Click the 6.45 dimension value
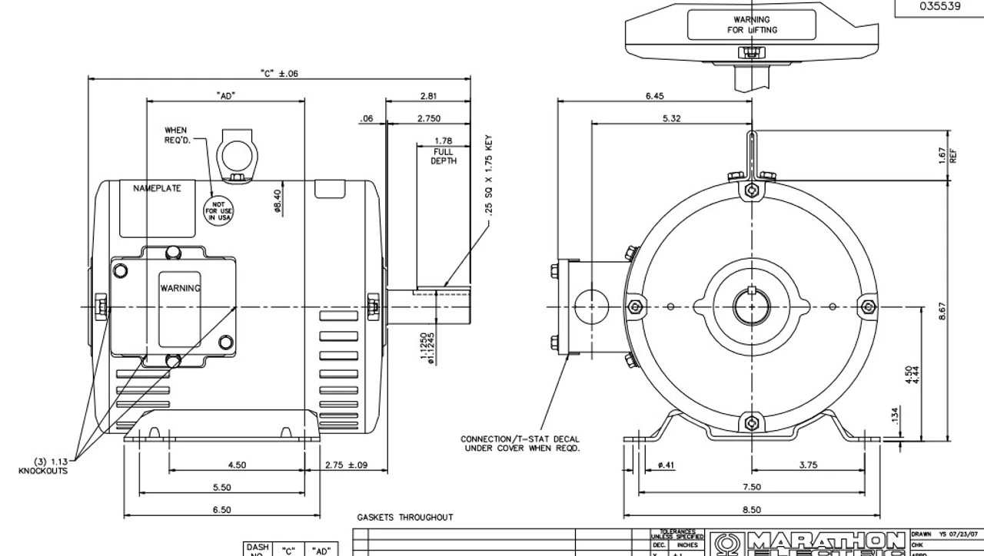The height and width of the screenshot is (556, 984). click(x=654, y=96)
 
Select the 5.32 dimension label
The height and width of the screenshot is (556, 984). click(x=671, y=118)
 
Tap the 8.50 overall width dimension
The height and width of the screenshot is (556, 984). click(x=752, y=509)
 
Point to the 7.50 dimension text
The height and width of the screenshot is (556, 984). click(x=752, y=487)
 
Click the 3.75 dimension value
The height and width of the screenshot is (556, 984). click(x=808, y=464)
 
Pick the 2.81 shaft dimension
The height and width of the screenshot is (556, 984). click(x=428, y=96)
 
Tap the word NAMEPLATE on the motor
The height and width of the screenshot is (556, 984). click(x=158, y=188)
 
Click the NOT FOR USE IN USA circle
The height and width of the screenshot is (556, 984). click(x=218, y=209)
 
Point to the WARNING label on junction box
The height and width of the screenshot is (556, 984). click(x=180, y=288)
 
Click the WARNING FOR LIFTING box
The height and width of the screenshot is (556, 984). click(x=752, y=25)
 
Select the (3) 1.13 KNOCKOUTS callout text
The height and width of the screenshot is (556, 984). click(x=43, y=466)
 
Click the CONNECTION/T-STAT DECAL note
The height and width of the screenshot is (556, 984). click(x=521, y=443)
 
